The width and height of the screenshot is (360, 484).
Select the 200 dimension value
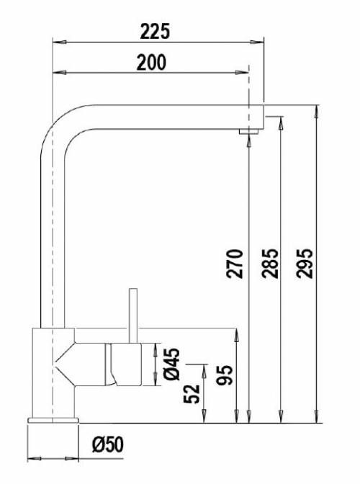pyautogui.click(x=151, y=63)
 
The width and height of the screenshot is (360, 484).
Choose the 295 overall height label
pyautogui.click(x=306, y=264)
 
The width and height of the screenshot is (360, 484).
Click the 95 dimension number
pyautogui.click(x=225, y=377)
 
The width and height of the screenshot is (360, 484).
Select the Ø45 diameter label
pyautogui.click(x=172, y=365)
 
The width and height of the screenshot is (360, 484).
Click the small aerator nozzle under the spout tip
pyautogui.click(x=248, y=130)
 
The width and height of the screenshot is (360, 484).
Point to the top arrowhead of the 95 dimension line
pyautogui.click(x=235, y=332)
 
